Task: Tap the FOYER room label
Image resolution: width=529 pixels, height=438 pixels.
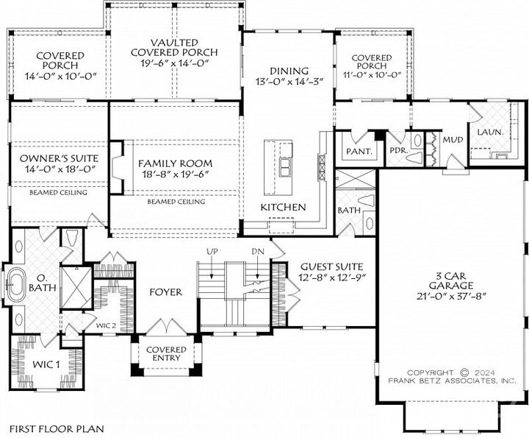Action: [x=165, y=292]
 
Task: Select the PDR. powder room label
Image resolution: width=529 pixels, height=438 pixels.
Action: [x=398, y=151]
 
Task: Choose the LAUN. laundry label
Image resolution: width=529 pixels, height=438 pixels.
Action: [x=489, y=132]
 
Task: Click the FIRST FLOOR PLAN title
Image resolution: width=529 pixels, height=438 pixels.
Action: [x=57, y=428]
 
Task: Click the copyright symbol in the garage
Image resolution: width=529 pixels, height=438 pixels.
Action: [x=464, y=372]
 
